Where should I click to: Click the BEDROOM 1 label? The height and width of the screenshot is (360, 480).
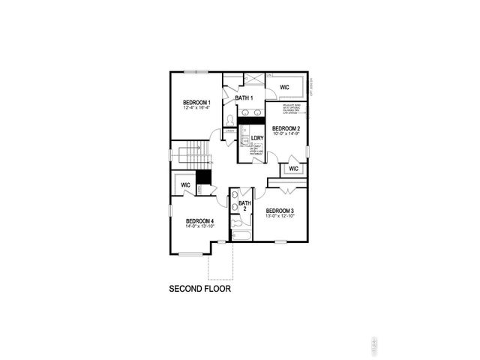tap(197, 102)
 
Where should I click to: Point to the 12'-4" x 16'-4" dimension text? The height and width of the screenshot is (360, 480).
tap(197, 108)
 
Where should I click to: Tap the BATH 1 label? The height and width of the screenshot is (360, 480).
tap(244, 98)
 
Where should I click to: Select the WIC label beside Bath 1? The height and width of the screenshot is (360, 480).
tap(284, 88)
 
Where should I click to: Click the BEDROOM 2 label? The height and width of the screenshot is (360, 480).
tap(286, 128)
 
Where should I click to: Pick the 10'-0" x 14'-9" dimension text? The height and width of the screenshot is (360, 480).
tap(286, 134)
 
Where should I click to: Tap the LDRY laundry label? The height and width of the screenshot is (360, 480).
tap(256, 138)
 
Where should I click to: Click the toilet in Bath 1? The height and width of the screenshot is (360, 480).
tap(231, 119)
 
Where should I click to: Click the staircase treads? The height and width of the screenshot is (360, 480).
tap(199, 154)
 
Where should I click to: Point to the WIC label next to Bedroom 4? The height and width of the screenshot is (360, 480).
tap(185, 184)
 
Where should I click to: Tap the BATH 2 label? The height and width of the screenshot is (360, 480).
tap(244, 205)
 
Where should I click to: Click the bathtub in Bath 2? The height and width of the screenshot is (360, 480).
tap(242, 235)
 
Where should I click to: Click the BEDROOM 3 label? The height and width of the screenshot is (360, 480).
tap(279, 211)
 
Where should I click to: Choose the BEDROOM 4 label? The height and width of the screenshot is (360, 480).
tap(199, 221)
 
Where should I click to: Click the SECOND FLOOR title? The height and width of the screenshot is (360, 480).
tap(199, 288)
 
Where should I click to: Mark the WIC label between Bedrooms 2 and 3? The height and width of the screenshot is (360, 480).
tap(293, 168)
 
